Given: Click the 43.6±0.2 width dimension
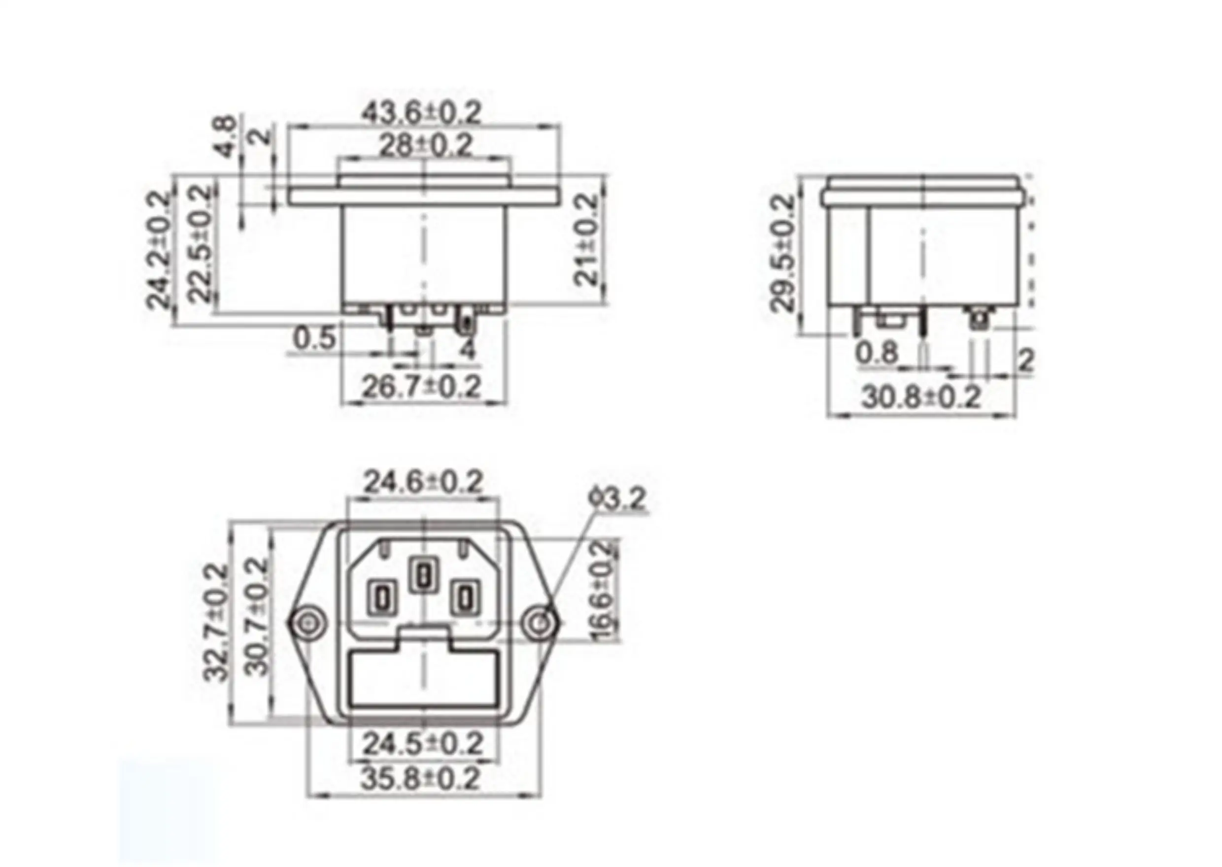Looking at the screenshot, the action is [x=422, y=113].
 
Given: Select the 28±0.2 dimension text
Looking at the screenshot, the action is [x=426, y=145].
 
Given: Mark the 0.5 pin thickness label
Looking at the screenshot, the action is [x=315, y=338].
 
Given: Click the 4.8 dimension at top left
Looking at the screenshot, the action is [x=226, y=137].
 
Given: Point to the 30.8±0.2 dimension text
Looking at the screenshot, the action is [x=921, y=397].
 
